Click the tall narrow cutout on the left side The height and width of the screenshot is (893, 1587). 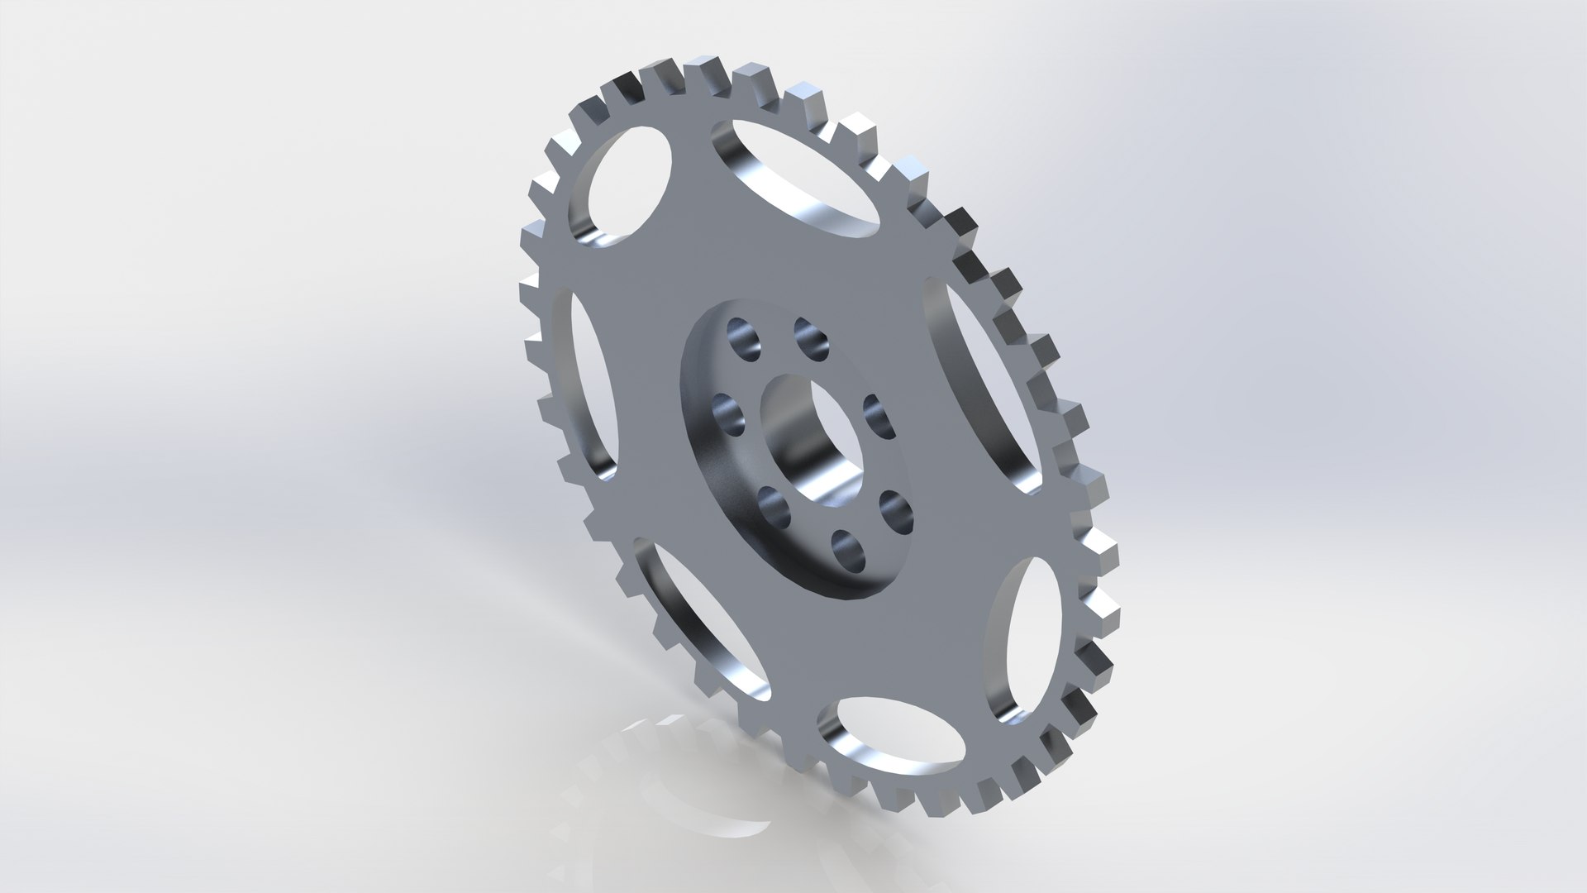click(x=591, y=389)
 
